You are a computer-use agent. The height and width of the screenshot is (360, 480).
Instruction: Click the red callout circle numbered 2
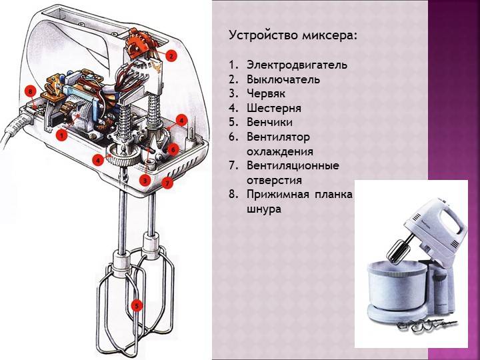171,56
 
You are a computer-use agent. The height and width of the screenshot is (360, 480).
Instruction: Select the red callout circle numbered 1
62,135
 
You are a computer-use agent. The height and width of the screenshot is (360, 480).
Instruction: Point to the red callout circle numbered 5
137,306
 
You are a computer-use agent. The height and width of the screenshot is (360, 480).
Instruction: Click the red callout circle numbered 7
167,181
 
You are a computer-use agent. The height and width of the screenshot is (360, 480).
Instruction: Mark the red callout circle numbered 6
172,150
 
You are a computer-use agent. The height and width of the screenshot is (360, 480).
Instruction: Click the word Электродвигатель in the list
297,65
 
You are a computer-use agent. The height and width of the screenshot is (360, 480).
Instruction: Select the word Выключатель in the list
283,79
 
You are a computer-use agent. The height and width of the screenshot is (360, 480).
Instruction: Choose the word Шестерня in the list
273,108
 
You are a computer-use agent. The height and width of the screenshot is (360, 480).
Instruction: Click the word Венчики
269,122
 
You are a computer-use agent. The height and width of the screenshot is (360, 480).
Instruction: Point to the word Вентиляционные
292,165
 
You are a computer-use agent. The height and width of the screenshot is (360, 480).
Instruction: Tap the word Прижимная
279,194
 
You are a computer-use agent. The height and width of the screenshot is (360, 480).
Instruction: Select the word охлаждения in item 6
275,151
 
